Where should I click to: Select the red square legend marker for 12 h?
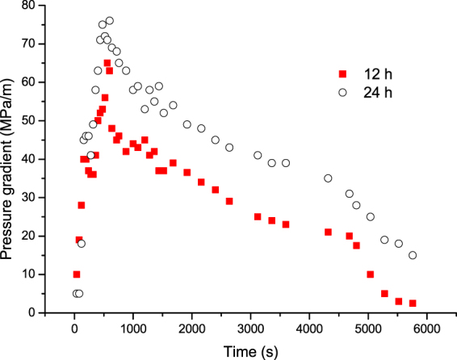(342, 73)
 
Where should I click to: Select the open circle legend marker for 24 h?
(342, 92)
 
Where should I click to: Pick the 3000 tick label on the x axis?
(250, 329)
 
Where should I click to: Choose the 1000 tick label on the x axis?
(133, 329)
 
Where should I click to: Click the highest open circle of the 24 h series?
(109, 20)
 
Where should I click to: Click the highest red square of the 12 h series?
(107, 62)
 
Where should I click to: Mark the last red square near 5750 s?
(413, 303)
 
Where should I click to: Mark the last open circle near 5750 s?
(413, 255)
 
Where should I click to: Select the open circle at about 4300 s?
(328, 178)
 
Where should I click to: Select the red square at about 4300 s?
(328, 232)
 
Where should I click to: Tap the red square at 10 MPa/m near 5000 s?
(371, 274)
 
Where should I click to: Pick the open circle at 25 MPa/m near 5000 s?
(371, 216)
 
